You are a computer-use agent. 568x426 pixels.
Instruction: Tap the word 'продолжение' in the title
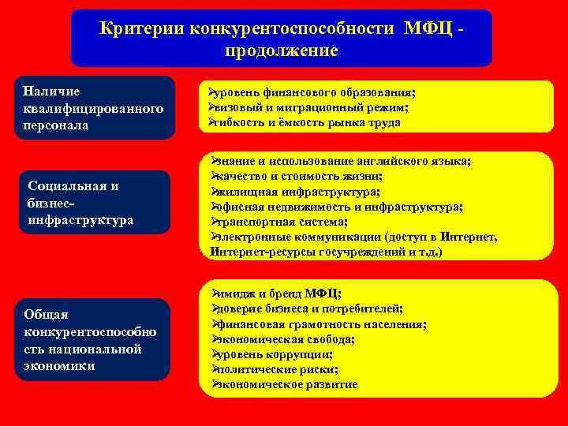[x=281, y=50]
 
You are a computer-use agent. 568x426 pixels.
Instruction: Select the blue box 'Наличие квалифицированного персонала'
[x=94, y=108]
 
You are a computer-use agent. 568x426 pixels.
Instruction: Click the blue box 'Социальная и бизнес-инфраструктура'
[x=94, y=202]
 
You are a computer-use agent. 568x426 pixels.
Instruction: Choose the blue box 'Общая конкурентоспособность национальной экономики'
[x=94, y=339]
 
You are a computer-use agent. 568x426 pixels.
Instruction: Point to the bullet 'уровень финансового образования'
[x=312, y=92]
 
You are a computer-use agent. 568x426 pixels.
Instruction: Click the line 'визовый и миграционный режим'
[x=308, y=107]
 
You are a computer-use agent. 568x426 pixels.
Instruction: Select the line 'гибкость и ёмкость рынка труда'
[x=304, y=122]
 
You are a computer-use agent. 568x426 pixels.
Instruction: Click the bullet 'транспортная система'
[x=279, y=222]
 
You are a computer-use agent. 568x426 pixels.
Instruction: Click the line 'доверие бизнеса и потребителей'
[x=308, y=308]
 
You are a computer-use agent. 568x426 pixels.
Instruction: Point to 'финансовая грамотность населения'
[x=319, y=324]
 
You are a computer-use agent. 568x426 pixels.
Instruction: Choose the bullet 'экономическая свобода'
[x=283, y=339]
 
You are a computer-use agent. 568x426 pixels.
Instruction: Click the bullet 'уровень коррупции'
[x=271, y=354]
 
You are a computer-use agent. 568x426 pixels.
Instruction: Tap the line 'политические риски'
[x=275, y=369]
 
